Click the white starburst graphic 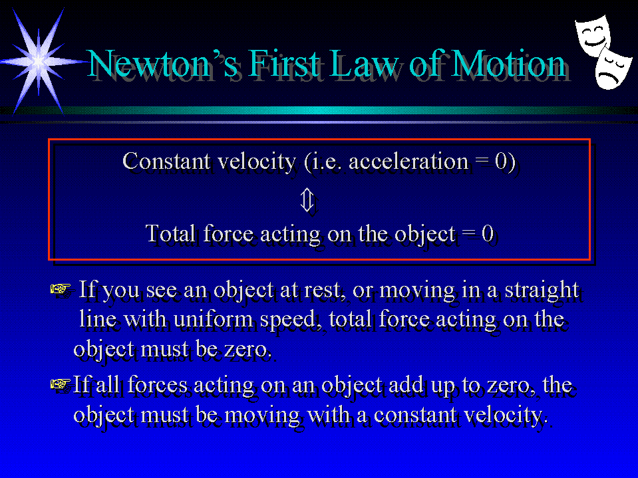tap(39, 61)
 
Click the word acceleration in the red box tap(408, 162)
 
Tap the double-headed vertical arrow tap(307, 199)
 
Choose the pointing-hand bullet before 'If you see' tap(61, 289)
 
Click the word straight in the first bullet tap(542, 291)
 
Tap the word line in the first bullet tap(97, 319)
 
